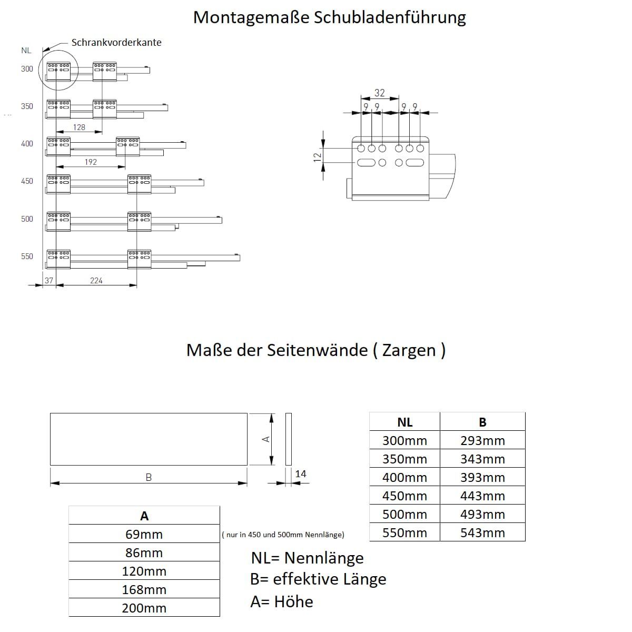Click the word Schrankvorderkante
tap(116, 43)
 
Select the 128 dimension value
tap(79, 127)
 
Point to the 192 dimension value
tap(91, 162)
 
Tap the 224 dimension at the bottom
tap(96, 281)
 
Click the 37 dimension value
tap(49, 281)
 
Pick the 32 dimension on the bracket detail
tap(379, 93)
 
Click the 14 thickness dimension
tap(300, 473)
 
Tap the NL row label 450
tap(27, 181)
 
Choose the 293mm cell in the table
tap(482, 440)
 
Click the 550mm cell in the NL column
tap(404, 532)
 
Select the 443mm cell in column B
tap(482, 496)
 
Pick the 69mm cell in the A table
tap(144, 534)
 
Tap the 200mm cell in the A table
tap(144, 608)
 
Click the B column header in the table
tap(482, 422)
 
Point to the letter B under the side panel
tap(149, 477)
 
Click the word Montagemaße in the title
tap(251, 17)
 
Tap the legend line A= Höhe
tap(282, 601)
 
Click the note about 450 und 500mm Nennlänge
tap(283, 535)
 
